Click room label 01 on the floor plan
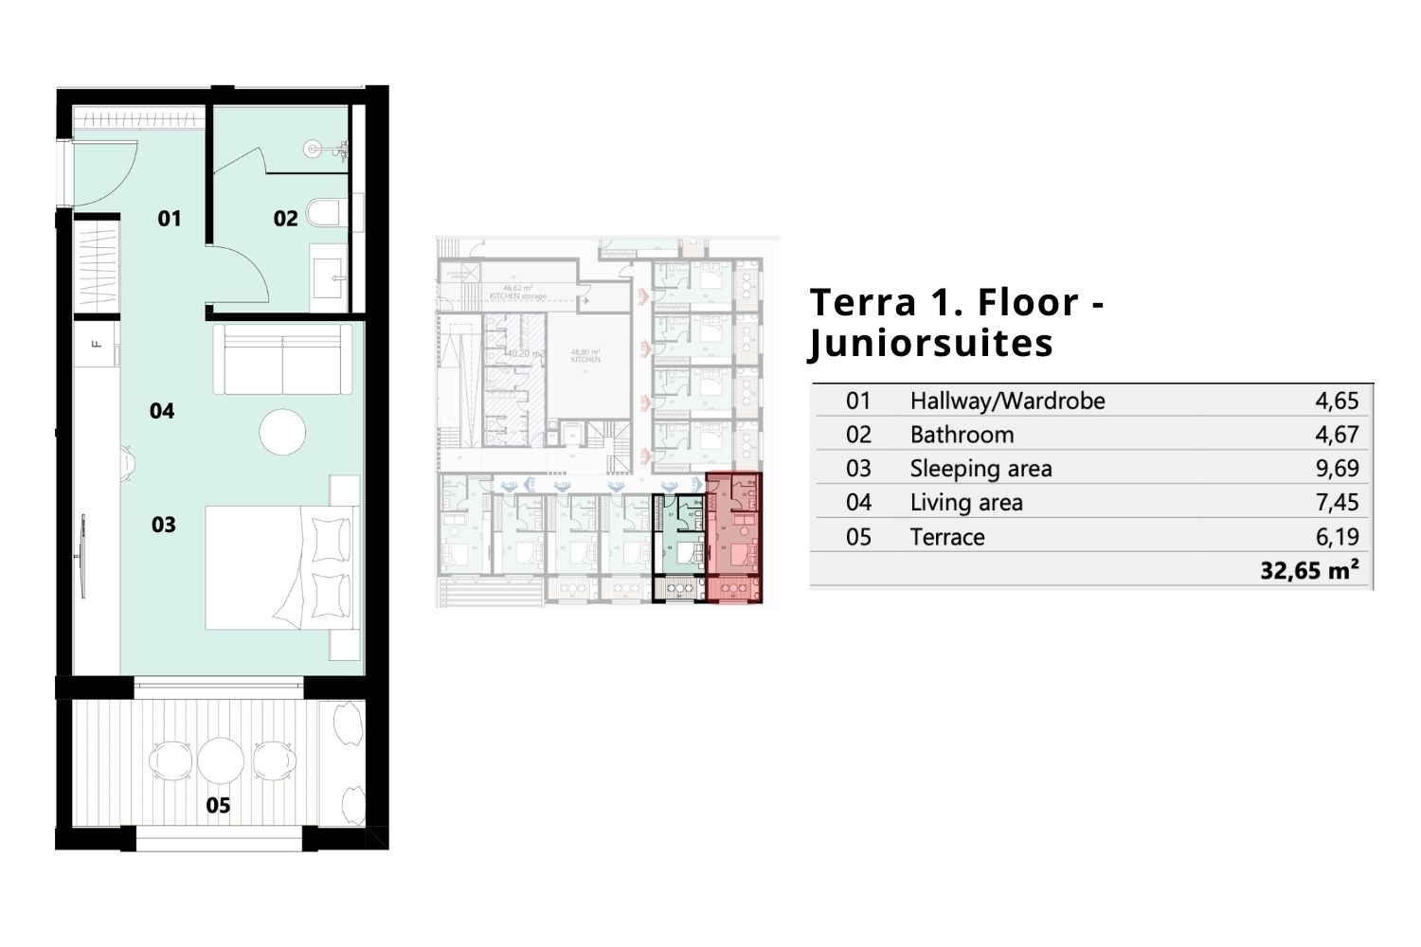pos(169,219)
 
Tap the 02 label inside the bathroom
pos(285,219)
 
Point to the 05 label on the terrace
pos(218,806)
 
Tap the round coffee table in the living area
pos(282,432)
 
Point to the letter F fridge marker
pos(97,344)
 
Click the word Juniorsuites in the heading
pos(931,343)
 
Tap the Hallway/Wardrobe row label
pos(1007,401)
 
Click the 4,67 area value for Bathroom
pos(1337,435)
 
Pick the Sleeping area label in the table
pos(980,469)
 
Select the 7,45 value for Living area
pos(1337,503)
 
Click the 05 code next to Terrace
pos(857,537)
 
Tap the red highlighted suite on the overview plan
pos(734,538)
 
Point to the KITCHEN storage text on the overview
pos(517,296)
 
